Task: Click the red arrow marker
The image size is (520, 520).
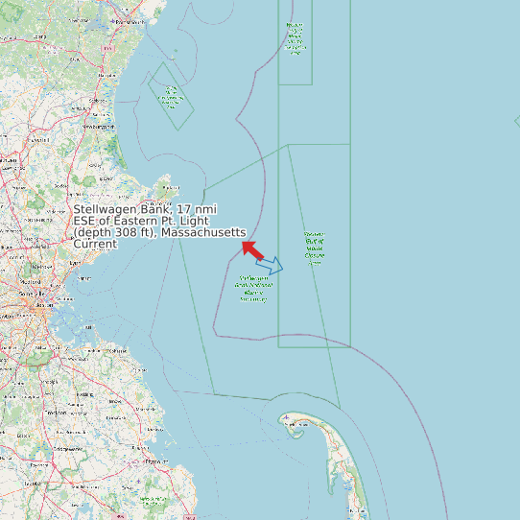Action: click(x=252, y=248)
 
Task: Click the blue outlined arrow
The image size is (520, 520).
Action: click(x=271, y=266)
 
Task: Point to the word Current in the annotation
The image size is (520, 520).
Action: click(x=95, y=244)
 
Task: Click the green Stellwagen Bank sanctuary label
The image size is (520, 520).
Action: click(x=252, y=289)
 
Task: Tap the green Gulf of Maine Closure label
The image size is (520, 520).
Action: click(x=314, y=248)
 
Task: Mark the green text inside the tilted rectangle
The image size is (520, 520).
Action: click(x=171, y=95)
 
